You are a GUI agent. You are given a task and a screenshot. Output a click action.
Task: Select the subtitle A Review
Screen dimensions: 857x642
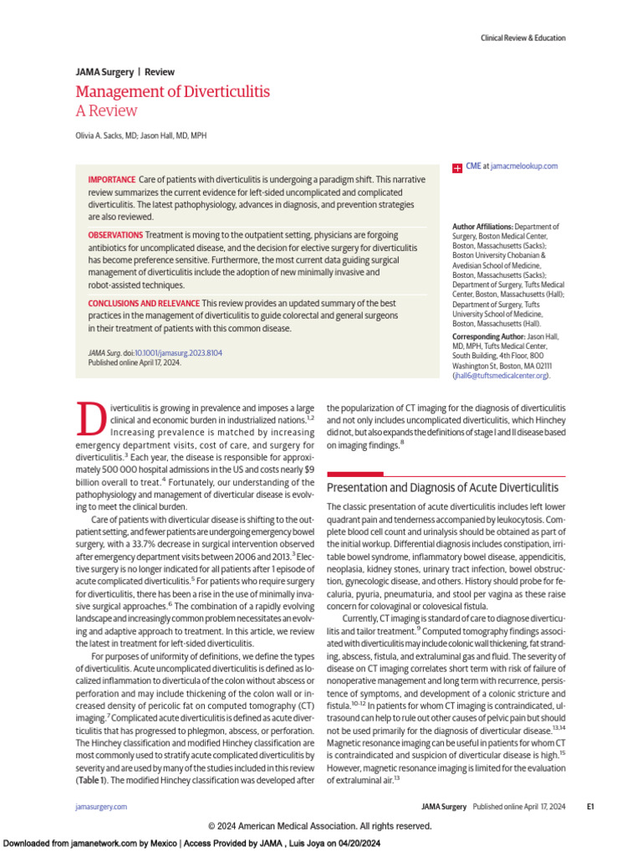pos(106,111)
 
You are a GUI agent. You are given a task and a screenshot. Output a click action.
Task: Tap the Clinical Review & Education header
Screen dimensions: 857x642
pos(522,38)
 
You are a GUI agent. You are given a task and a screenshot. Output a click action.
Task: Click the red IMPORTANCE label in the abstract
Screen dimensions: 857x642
pos(111,180)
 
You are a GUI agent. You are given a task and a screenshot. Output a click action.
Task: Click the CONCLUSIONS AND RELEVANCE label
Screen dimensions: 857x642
pos(143,303)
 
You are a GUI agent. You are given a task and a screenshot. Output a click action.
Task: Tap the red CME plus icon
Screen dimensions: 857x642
pos(457,167)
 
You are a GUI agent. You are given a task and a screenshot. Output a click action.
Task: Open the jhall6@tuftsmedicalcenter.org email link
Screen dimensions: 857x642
pos(502,377)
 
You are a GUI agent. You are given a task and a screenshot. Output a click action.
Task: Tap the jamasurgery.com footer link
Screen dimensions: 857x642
pos(101,806)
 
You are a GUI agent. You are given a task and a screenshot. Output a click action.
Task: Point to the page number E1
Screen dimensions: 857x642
pos(589,806)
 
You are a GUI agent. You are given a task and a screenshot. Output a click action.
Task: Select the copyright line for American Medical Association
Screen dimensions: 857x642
pos(320,826)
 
